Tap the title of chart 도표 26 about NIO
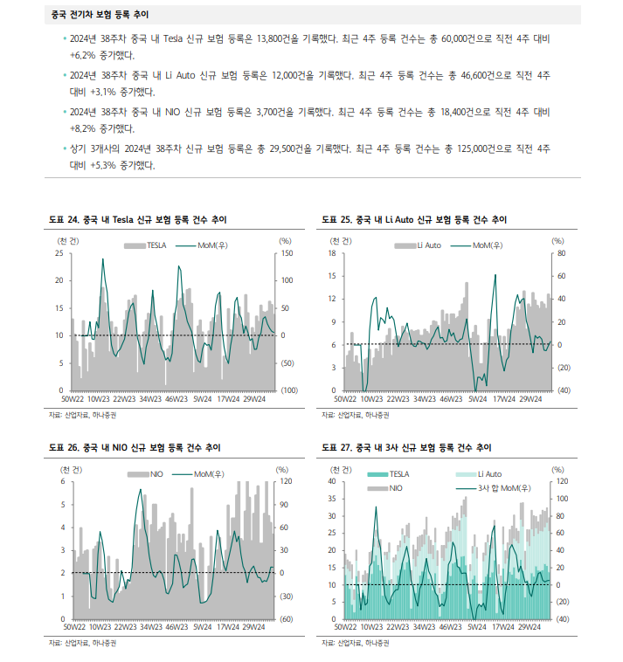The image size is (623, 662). pyautogui.click(x=135, y=448)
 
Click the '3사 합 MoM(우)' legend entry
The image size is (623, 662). pyautogui.click(x=499, y=487)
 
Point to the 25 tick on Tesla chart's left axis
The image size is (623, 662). pyautogui.click(x=59, y=253)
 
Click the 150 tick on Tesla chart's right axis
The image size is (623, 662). pyautogui.click(x=285, y=253)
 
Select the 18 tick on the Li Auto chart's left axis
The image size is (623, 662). pyautogui.click(x=332, y=253)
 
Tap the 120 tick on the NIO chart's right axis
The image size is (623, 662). pyautogui.click(x=284, y=482)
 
